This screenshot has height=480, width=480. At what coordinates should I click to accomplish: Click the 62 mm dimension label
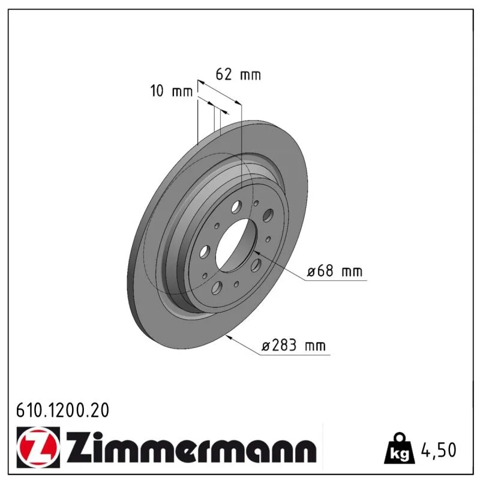pos(238,74)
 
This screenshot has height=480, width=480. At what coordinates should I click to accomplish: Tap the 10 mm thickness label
pos(171,91)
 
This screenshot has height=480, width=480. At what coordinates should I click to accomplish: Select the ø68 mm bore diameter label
pos(335,271)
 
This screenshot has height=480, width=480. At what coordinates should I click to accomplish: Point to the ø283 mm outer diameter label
pos(293,346)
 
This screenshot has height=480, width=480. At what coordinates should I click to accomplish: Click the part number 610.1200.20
pos(62,410)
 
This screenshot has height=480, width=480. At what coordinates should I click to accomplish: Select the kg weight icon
pos(400,448)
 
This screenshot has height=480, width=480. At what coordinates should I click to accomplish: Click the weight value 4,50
pos(439,449)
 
